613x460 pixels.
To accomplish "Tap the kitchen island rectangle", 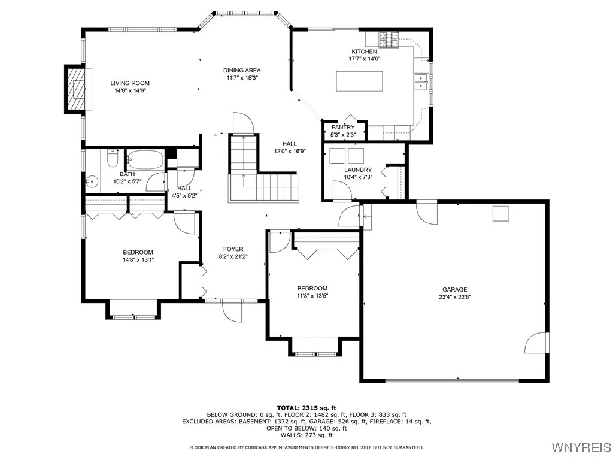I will click(359, 81).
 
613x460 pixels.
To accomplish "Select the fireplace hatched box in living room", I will click(75, 89).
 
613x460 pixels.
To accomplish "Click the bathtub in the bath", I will click(144, 160).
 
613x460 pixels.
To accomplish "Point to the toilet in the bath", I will click(112, 159).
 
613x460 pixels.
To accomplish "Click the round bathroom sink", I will click(92, 181).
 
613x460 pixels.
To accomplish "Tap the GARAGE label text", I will click(454, 289).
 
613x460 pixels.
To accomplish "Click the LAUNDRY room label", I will click(357, 170).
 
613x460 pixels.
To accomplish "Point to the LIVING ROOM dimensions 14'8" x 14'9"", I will click(129, 91).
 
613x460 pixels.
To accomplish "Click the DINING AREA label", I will click(242, 70).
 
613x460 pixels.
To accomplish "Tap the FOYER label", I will click(233, 249).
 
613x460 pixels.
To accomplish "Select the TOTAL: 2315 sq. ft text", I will click(306, 407).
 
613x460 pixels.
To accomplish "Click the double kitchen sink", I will click(421, 81).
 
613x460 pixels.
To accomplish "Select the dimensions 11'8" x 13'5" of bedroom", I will click(312, 296).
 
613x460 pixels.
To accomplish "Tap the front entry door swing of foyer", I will click(231, 310).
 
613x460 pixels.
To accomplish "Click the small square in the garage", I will click(500, 214).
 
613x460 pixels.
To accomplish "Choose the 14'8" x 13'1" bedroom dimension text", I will click(138, 260).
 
